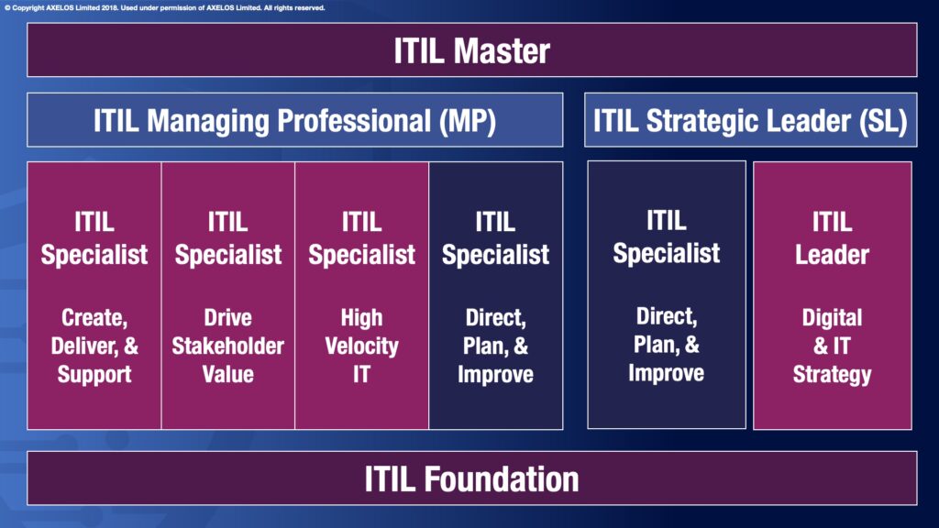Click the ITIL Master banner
pyautogui.click(x=472, y=49)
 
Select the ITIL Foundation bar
pyautogui.click(x=472, y=478)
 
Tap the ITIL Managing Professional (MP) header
pyautogui.click(x=294, y=120)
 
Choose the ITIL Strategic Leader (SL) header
pyautogui.click(x=750, y=120)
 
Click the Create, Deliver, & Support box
pyautogui.click(x=94, y=295)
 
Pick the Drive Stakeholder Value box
pyautogui.click(x=228, y=295)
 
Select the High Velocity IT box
pyautogui.click(x=361, y=295)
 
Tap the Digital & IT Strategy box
pyautogui.click(x=833, y=295)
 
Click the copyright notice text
pyautogui.click(x=165, y=7)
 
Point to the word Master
pyautogui.click(x=502, y=51)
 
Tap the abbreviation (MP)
pyautogui.click(x=468, y=121)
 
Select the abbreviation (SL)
pyautogui.click(x=883, y=121)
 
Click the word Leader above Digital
pyautogui.click(x=832, y=255)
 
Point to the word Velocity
pyautogui.click(x=361, y=346)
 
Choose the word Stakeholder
pyautogui.click(x=228, y=346)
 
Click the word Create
pyautogui.click(x=94, y=318)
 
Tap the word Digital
pyautogui.click(x=832, y=318)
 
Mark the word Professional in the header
pyautogui.click(x=354, y=121)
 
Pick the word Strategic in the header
pyautogui.click(x=701, y=122)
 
